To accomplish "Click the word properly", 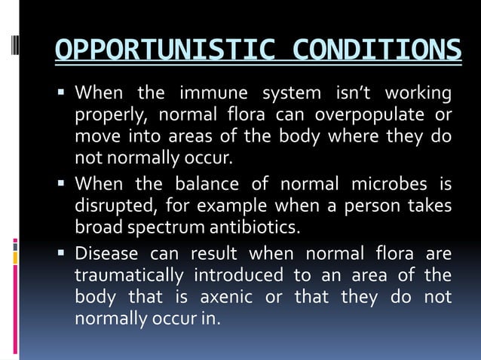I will (x=104, y=117).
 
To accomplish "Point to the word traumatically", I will (x=128, y=274).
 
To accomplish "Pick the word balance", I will (x=206, y=184).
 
